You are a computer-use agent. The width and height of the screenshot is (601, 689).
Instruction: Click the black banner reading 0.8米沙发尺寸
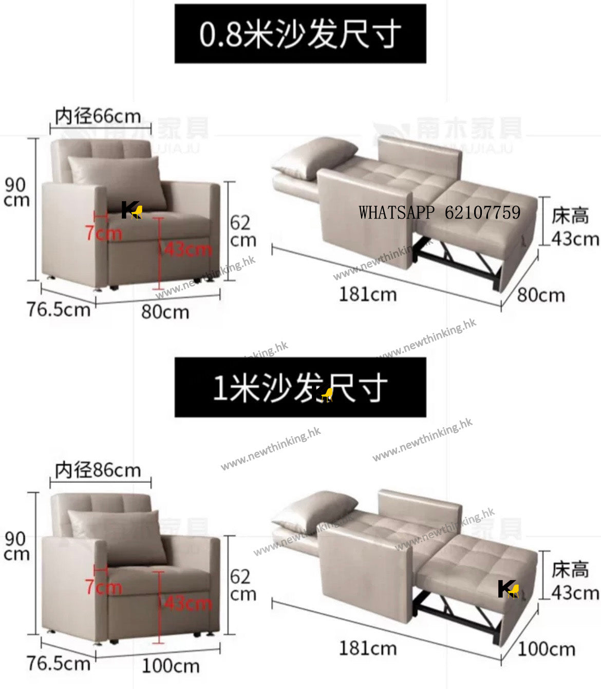point(300,34)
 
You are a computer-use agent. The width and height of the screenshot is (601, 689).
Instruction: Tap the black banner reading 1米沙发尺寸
point(300,387)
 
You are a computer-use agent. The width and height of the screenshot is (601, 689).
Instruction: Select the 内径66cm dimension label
point(98,116)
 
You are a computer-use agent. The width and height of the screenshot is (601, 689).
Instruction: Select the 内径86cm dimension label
point(98,470)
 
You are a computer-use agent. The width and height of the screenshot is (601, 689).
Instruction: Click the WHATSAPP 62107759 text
point(439,212)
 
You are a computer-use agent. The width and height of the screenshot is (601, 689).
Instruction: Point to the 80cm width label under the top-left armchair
point(165,312)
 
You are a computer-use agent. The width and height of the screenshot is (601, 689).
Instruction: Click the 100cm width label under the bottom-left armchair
point(171,666)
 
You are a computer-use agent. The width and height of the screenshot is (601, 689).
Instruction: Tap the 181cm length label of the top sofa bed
point(368,295)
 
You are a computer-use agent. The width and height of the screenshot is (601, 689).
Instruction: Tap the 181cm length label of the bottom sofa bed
point(368,648)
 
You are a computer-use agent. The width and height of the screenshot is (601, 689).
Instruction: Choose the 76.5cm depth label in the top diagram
point(58,310)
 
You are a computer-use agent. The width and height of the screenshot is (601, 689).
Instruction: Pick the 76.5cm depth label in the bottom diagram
point(58,663)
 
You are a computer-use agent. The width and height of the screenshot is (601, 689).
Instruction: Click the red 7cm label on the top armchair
point(104,233)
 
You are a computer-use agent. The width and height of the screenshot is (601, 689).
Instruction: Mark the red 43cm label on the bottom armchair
point(188,603)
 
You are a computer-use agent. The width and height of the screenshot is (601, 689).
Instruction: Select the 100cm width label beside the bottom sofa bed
point(546,649)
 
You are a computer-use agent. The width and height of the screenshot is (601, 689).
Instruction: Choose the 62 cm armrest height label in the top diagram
point(242,231)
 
